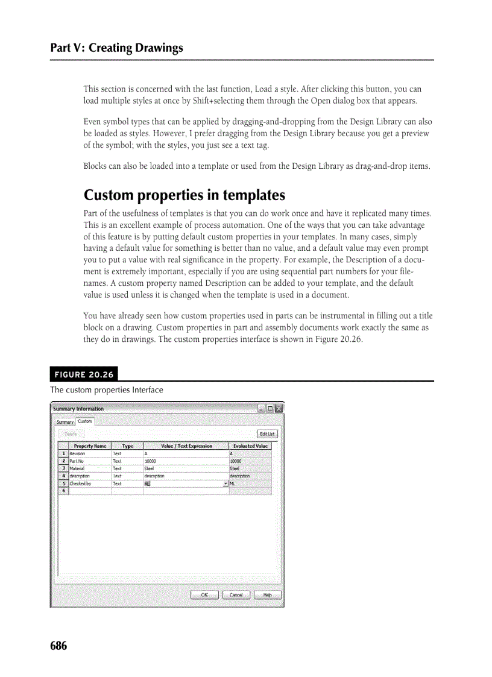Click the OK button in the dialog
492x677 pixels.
[x=204, y=595]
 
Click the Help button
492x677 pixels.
[x=267, y=595]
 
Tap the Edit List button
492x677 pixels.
[x=267, y=433]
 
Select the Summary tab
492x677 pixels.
[x=65, y=422]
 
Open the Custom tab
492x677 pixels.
[x=85, y=421]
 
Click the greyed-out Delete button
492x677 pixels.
[x=71, y=433]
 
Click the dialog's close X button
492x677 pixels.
[x=279, y=409]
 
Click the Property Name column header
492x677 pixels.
[x=90, y=446]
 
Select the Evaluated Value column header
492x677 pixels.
[x=250, y=446]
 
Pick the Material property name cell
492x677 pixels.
[x=90, y=468]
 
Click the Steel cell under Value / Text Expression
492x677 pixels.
[x=186, y=468]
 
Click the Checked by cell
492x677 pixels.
[x=90, y=483]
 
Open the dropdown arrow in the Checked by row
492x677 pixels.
[x=225, y=483]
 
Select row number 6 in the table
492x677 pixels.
[x=62, y=491]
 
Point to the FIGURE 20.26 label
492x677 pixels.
[x=84, y=374]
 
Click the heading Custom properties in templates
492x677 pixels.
[x=184, y=195]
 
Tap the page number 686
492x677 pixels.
[x=58, y=646]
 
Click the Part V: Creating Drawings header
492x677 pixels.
[x=116, y=48]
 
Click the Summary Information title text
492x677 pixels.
[x=78, y=409]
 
